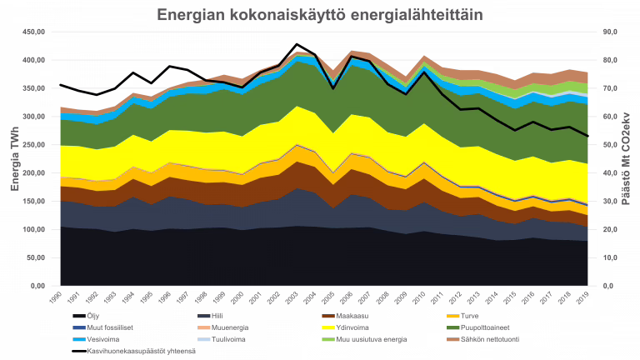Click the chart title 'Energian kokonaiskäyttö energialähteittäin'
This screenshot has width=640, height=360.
[320, 16]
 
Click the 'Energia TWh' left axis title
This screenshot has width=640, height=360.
[14, 159]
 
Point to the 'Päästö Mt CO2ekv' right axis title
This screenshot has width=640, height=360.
[624, 159]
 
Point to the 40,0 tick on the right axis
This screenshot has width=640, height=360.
[607, 173]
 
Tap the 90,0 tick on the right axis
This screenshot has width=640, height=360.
[607, 32]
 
